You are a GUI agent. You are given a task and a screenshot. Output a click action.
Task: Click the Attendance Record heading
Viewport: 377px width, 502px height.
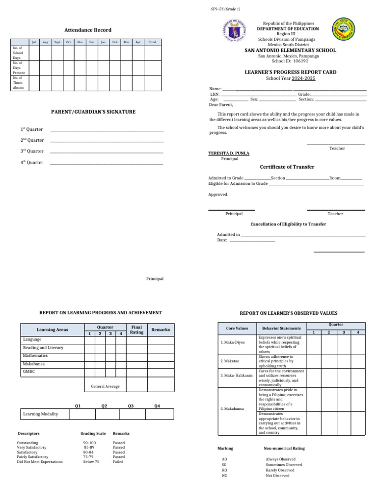[x=88, y=30]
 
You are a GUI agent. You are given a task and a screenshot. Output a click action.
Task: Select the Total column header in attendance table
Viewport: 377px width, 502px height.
[x=152, y=43]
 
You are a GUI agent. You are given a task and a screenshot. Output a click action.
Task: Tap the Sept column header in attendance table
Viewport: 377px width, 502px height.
[x=57, y=43]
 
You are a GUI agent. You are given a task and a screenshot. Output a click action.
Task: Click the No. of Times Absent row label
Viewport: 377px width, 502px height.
[x=18, y=82]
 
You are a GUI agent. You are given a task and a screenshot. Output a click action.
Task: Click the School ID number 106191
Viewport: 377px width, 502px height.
[x=302, y=61]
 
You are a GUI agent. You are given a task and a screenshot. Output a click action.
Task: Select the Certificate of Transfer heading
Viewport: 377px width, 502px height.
[x=287, y=167]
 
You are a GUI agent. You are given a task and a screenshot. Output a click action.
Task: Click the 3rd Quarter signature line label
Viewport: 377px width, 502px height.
[x=32, y=151]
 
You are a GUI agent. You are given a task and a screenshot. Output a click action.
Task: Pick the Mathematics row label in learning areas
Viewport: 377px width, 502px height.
[x=35, y=355]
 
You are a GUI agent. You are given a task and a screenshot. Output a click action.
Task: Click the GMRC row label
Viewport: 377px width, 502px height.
[x=29, y=372]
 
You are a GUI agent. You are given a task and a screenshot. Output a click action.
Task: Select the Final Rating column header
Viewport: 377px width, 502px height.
[x=136, y=330]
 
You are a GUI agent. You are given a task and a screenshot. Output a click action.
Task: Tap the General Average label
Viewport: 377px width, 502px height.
[x=105, y=386]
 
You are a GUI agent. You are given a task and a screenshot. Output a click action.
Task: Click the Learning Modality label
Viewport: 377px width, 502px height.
[x=40, y=414]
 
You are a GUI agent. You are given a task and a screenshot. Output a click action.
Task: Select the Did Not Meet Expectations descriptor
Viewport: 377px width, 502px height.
[x=40, y=462]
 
